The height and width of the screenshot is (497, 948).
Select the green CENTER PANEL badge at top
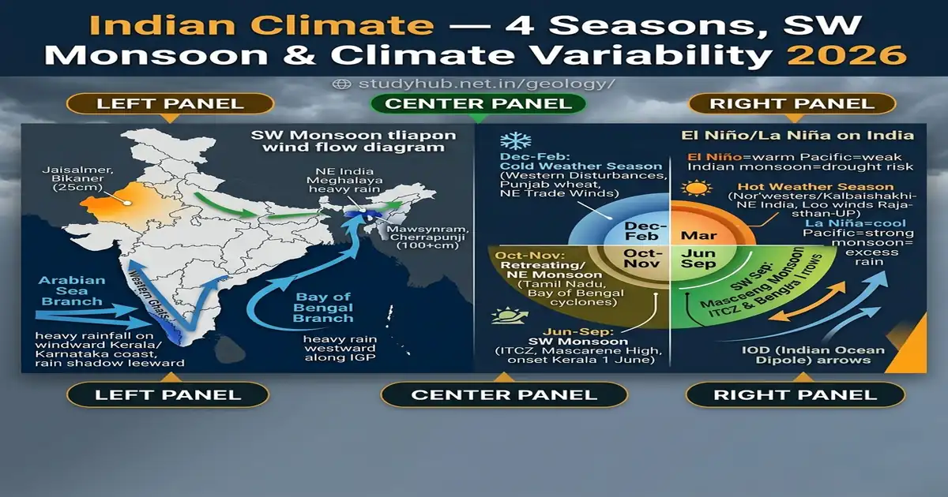tap(478, 103)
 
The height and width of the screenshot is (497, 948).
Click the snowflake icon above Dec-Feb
tap(517, 142)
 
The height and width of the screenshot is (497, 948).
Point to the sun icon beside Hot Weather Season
tap(697, 190)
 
